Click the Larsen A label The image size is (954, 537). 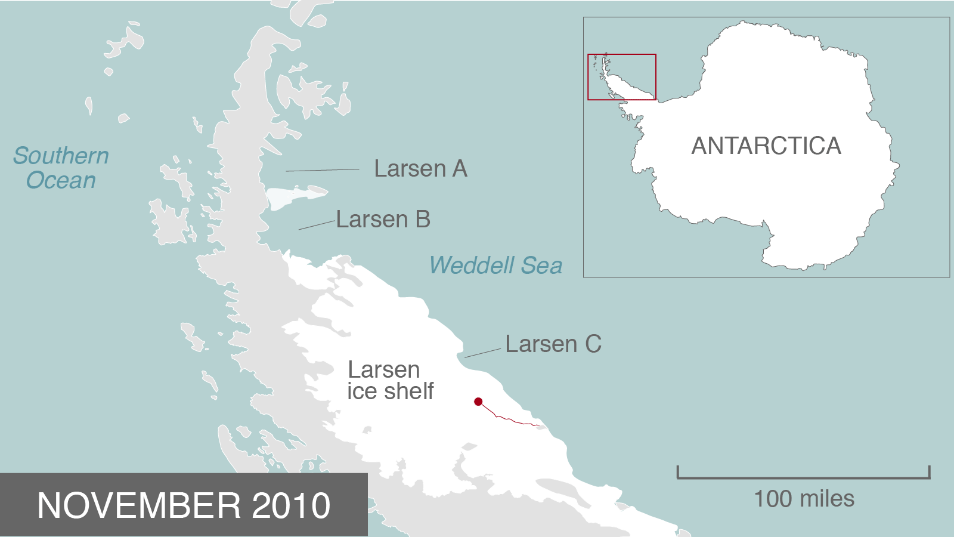[420, 169]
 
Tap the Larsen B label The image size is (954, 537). [383, 220]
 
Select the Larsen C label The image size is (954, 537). [553, 344]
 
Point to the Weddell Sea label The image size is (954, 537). [495, 266]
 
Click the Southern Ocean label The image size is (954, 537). [61, 168]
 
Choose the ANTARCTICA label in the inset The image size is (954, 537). [766, 146]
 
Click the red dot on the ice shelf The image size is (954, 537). [478, 402]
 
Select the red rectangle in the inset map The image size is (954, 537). [622, 55]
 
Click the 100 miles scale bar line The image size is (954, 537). [803, 477]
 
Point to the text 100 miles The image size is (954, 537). [804, 499]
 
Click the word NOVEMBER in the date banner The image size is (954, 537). [139, 506]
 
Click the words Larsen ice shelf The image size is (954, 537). [391, 381]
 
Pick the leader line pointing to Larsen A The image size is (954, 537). [322, 170]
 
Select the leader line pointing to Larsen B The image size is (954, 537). [317, 225]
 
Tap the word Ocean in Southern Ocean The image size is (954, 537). [61, 180]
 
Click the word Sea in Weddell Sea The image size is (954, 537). [541, 266]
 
